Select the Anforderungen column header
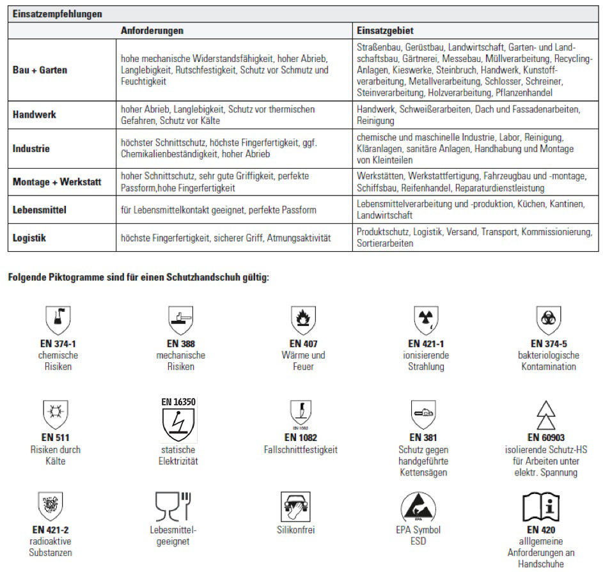(152, 30)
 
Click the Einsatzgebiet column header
(384, 30)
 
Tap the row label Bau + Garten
(40, 70)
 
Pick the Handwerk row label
(35, 115)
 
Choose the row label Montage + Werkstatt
(57, 182)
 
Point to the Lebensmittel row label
(40, 210)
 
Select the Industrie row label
(31, 149)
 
